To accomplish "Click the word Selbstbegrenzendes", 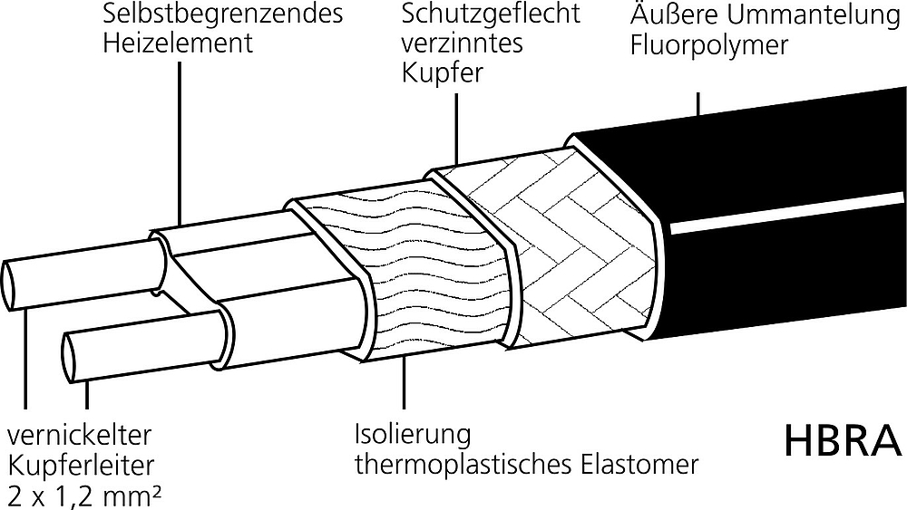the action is [x=223, y=14].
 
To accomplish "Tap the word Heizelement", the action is [x=178, y=43].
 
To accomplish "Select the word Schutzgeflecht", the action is [x=491, y=14].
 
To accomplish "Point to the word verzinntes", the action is [x=463, y=43].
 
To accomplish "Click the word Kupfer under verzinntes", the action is [x=442, y=73].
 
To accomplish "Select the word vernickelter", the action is [x=79, y=435].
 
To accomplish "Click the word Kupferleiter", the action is [x=81, y=466].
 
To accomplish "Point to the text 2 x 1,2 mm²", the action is [x=84, y=496].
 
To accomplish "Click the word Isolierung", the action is [x=413, y=434].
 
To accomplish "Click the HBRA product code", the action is [x=843, y=440].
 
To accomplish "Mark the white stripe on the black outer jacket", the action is [x=786, y=214].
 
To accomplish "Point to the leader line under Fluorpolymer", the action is [x=698, y=104].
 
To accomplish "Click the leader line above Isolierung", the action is [x=404, y=382].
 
